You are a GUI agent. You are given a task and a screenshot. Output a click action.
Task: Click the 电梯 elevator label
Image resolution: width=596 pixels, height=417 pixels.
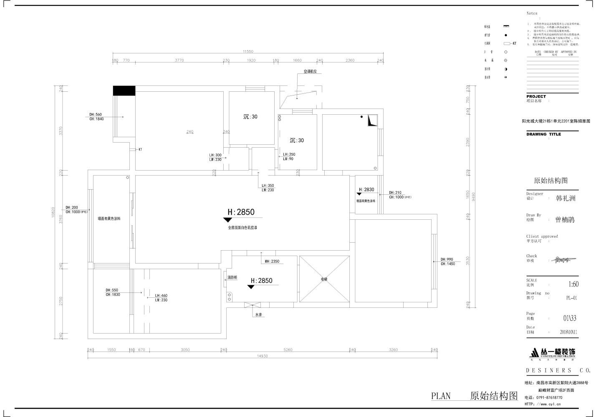324,279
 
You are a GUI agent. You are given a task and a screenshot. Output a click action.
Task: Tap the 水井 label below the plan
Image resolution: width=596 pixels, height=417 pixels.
258,315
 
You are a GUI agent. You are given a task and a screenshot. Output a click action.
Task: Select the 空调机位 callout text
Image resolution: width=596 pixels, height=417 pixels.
310,72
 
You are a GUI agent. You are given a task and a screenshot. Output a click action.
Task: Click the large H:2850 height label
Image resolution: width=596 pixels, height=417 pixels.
241,212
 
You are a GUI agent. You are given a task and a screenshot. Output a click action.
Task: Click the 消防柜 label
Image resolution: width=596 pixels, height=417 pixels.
232,277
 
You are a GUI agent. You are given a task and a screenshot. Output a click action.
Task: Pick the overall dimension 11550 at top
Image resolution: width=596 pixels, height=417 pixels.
248,51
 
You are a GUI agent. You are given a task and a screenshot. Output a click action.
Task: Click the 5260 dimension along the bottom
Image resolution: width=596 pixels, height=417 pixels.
288,350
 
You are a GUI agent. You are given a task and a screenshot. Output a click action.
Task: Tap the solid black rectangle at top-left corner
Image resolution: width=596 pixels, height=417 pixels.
124,90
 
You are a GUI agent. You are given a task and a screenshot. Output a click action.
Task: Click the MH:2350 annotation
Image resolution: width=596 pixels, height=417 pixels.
272,261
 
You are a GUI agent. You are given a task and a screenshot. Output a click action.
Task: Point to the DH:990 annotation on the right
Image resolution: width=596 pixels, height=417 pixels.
447,259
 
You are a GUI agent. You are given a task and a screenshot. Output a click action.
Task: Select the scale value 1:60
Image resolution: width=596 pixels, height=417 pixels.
573,284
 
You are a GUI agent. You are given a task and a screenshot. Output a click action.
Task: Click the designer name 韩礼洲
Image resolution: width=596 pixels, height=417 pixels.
566,198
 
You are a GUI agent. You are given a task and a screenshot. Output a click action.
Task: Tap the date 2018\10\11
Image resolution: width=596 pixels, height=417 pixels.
568,332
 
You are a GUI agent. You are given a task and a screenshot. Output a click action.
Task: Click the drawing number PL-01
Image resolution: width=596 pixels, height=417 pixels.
571,298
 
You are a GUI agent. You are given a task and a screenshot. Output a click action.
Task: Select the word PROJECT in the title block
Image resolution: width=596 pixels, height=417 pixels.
536,96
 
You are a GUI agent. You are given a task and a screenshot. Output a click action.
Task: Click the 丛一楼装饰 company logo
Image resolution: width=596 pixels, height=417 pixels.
553,353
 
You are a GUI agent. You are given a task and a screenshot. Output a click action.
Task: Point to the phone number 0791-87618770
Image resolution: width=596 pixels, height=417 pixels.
549,397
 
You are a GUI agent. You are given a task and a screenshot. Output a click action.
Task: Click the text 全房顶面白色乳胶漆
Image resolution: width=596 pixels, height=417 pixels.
242,228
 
